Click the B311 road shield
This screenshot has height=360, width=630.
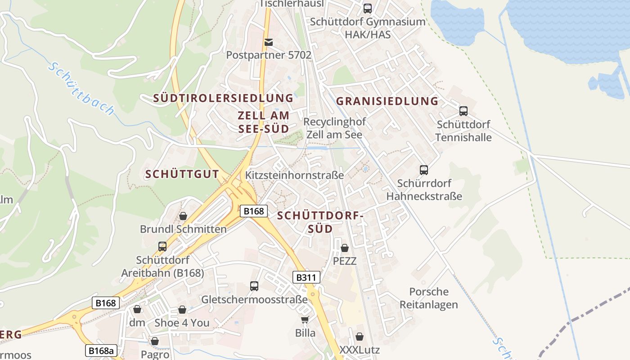[x=306, y=277]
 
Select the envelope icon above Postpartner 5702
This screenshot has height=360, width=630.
[x=269, y=42]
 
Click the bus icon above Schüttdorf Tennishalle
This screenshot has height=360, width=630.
[x=463, y=111]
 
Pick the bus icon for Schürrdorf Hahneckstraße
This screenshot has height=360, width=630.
[x=424, y=170]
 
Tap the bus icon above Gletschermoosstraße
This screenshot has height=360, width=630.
[x=254, y=286]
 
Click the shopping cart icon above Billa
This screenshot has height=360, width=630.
[x=305, y=319]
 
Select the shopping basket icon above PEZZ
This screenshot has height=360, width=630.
[x=345, y=247]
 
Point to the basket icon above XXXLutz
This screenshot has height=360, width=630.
[x=360, y=336]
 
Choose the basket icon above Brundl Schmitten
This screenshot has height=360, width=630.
[x=183, y=216]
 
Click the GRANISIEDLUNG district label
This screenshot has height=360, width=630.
[x=387, y=101]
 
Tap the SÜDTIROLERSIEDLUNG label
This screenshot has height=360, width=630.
[x=223, y=98]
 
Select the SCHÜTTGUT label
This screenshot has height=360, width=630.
[x=182, y=174]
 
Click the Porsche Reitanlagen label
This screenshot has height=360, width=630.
[x=429, y=298]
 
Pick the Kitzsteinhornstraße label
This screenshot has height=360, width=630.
[x=295, y=175]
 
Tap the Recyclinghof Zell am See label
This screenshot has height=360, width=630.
[x=334, y=128]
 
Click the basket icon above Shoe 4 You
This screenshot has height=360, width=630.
[x=182, y=310]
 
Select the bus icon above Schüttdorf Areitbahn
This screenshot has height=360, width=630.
[x=162, y=247]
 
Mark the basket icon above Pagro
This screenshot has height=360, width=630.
[x=155, y=341]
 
